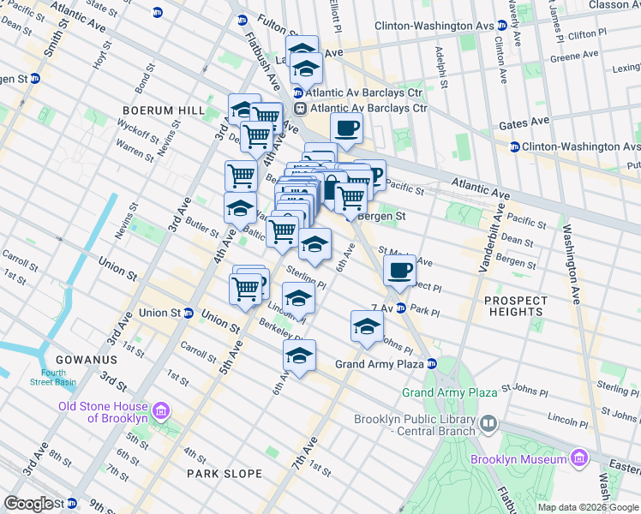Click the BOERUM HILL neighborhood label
coord(164,111)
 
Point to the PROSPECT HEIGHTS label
coord(513,307)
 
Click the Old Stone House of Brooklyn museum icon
coord(160,413)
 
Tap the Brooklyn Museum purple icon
coord(580,459)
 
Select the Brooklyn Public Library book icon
coord(488,423)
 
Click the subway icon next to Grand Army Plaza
coord(433,364)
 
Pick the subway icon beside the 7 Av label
coord(399,308)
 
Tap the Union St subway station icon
coord(188,313)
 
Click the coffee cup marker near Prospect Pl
coord(398,272)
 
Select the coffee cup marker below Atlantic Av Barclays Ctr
coord(346,129)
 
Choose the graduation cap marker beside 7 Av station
coord(367,327)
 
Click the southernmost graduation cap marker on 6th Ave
coord(299,356)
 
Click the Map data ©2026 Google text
coord(587,507)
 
